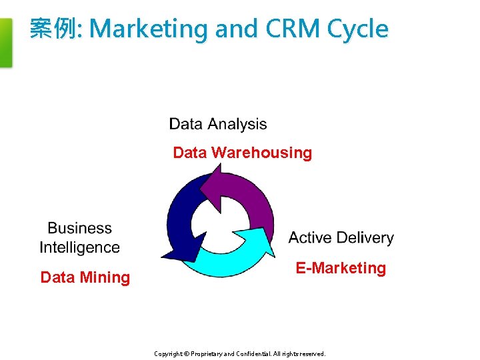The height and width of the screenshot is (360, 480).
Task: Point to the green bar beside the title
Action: click(x=5, y=43)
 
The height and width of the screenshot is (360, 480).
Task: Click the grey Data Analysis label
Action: click(x=218, y=124)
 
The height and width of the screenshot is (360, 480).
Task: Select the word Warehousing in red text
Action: click(x=261, y=153)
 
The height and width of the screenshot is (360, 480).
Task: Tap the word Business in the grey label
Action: click(x=80, y=229)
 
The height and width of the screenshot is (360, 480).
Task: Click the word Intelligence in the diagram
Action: click(x=80, y=247)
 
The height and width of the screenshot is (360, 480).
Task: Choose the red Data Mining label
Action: click(x=85, y=277)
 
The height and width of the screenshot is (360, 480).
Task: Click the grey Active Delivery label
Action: click(x=341, y=238)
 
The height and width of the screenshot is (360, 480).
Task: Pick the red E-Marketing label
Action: click(x=341, y=268)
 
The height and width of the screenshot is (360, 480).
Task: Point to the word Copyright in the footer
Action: click(x=168, y=354)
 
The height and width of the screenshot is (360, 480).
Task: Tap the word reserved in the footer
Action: click(x=312, y=354)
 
